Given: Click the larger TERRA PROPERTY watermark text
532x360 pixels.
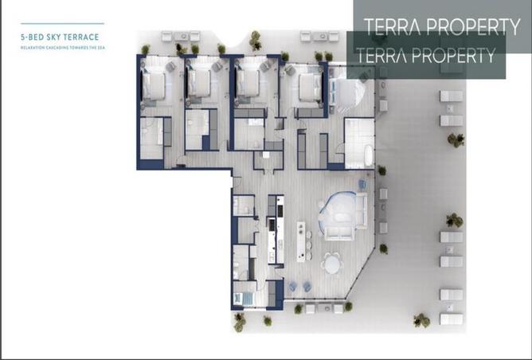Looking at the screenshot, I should pyautogui.click(x=442, y=26).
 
